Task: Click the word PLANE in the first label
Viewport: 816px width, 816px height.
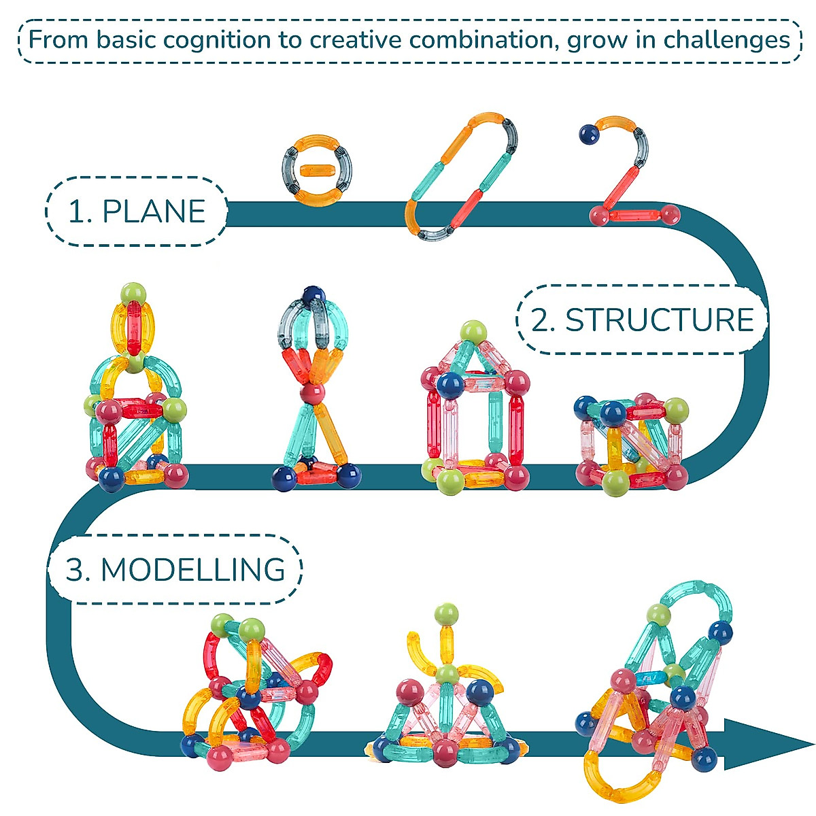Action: click(x=154, y=212)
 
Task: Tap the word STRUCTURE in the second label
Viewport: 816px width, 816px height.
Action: click(x=660, y=320)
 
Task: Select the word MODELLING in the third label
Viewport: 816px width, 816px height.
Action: click(x=192, y=570)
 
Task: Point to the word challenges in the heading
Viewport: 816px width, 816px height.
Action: click(x=726, y=40)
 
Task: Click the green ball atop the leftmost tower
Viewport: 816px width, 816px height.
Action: click(x=134, y=293)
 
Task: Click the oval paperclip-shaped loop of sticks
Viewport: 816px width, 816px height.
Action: click(x=460, y=177)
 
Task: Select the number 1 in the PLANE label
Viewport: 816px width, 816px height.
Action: click(x=79, y=212)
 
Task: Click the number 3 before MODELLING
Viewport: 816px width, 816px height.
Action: click(x=77, y=570)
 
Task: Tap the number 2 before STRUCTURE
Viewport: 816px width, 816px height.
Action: click(x=542, y=320)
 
